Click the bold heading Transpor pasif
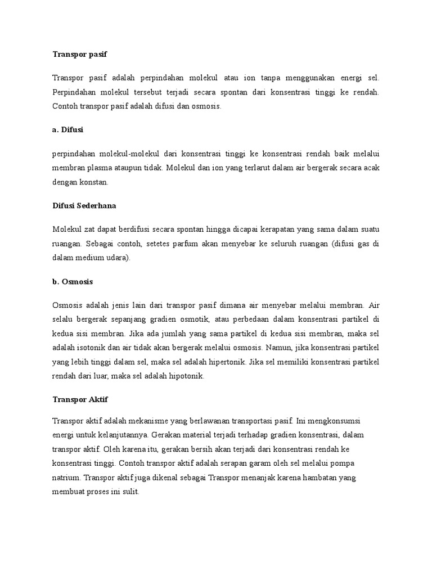[x=79, y=55]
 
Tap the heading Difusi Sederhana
[x=84, y=206]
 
